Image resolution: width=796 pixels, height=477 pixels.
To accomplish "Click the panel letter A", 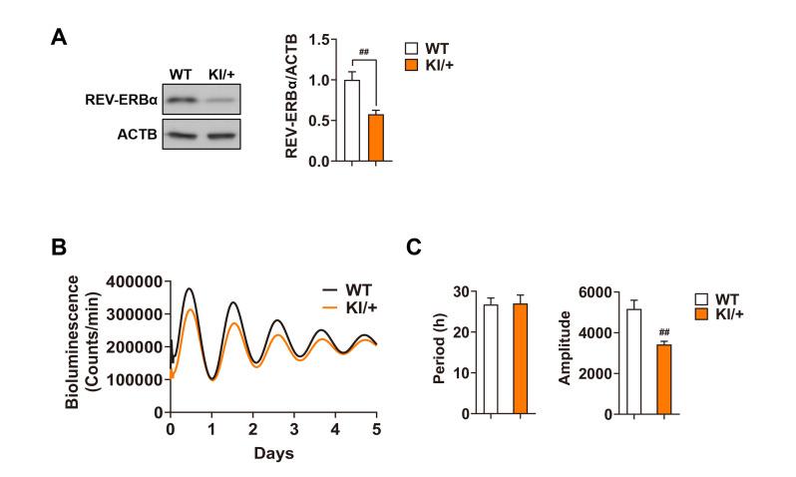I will point(59,39).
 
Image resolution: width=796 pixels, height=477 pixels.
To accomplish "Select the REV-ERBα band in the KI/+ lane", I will point(228,101).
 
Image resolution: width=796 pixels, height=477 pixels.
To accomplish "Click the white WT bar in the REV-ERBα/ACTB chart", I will point(350,121).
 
